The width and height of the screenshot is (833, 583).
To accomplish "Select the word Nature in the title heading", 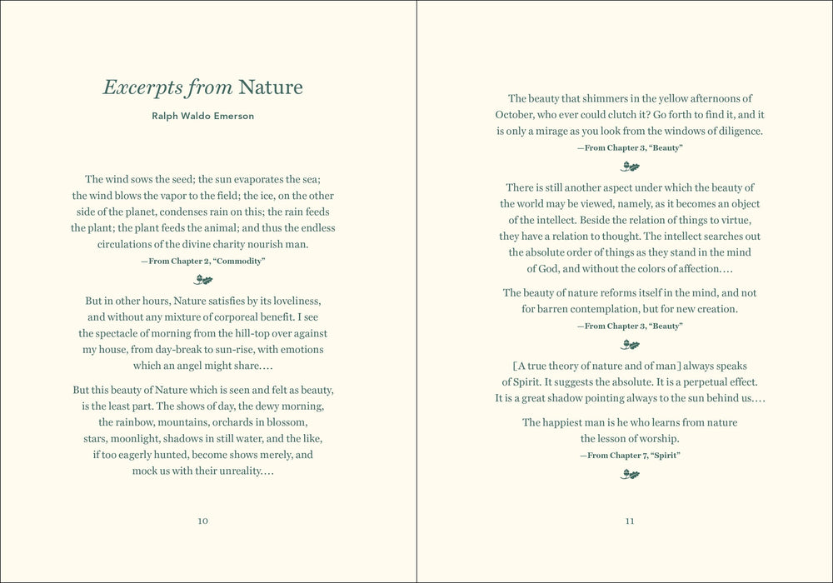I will pyautogui.click(x=271, y=87).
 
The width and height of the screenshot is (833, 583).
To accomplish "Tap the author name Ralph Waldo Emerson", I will pyautogui.click(x=203, y=116).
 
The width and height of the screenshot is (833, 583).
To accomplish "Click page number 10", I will pyautogui.click(x=203, y=521).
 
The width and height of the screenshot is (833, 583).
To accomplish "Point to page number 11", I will pyautogui.click(x=630, y=521).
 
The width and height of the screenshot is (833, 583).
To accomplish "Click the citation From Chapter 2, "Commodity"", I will pyautogui.click(x=203, y=261).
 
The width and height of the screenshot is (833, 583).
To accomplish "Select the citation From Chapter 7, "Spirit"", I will pyautogui.click(x=630, y=456).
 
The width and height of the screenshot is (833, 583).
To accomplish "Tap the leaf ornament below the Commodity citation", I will pyautogui.click(x=203, y=280).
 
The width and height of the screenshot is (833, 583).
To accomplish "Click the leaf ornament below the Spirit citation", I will pyautogui.click(x=630, y=475).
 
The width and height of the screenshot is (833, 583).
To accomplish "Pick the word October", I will pyautogui.click(x=515, y=115).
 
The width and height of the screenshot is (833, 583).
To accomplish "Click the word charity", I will pyautogui.click(x=220, y=245).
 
